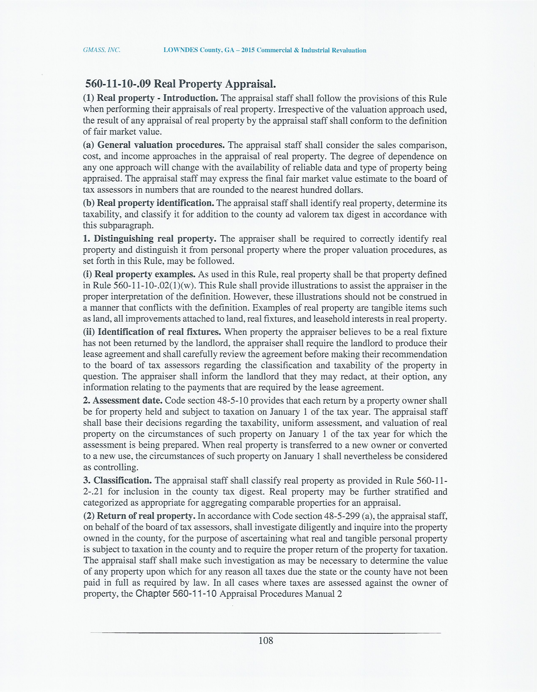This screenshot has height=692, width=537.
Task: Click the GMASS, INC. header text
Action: (x=102, y=50)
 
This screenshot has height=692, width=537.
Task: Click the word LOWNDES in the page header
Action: (x=181, y=50)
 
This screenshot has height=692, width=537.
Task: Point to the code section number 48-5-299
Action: (x=342, y=516)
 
